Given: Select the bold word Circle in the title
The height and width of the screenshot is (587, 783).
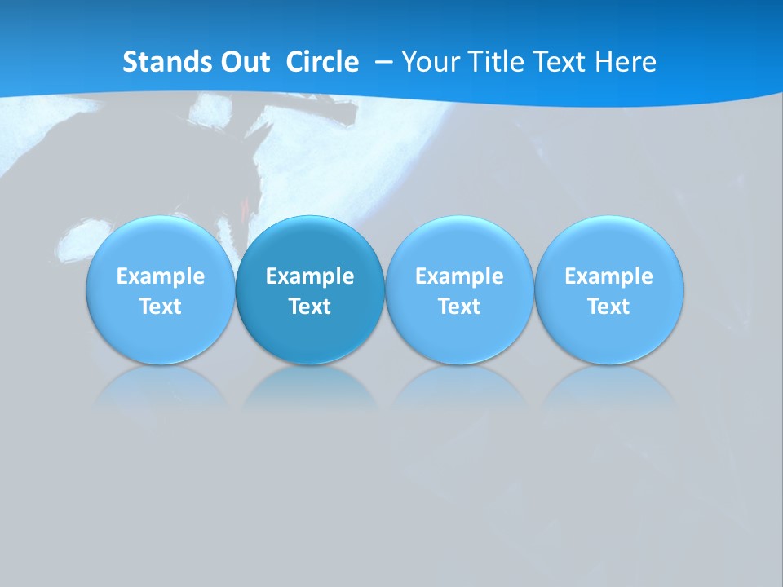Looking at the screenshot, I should pyautogui.click(x=322, y=62).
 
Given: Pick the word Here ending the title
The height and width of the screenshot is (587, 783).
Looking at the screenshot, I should pyautogui.click(x=626, y=62).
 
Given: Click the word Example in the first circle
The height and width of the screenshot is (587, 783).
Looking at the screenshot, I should pyautogui.click(x=160, y=276).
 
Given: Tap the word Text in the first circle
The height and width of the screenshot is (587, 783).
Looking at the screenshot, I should pyautogui.click(x=160, y=307).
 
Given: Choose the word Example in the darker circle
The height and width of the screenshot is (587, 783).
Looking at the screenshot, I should pyautogui.click(x=310, y=276).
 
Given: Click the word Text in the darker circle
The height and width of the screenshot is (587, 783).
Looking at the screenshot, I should pyautogui.click(x=310, y=307).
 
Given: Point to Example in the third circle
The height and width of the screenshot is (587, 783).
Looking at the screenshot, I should pyautogui.click(x=459, y=276).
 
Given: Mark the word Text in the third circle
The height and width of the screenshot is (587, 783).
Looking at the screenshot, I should pyautogui.click(x=459, y=307).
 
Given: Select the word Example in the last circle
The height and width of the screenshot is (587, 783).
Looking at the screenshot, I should pyautogui.click(x=608, y=276).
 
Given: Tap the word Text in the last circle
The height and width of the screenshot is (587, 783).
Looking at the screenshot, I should pyautogui.click(x=608, y=307).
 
